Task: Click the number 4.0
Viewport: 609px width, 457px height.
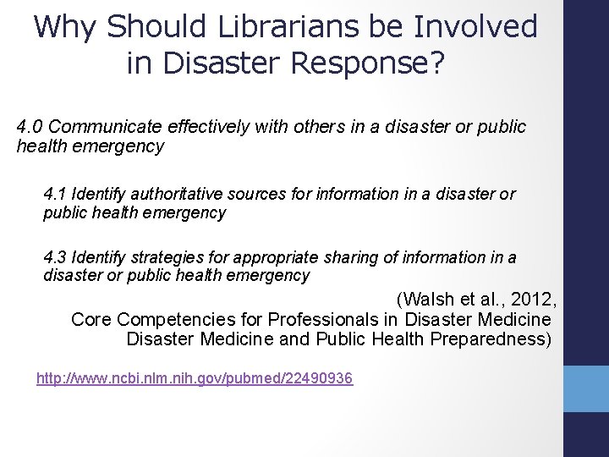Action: point(30,126)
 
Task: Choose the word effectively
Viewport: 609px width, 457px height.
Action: point(211,126)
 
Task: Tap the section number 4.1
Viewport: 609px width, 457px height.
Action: point(56,194)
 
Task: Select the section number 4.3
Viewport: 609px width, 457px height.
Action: point(56,257)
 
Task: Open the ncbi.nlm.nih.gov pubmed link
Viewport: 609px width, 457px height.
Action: point(195,378)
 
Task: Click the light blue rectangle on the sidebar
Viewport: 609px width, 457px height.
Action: point(585,390)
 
